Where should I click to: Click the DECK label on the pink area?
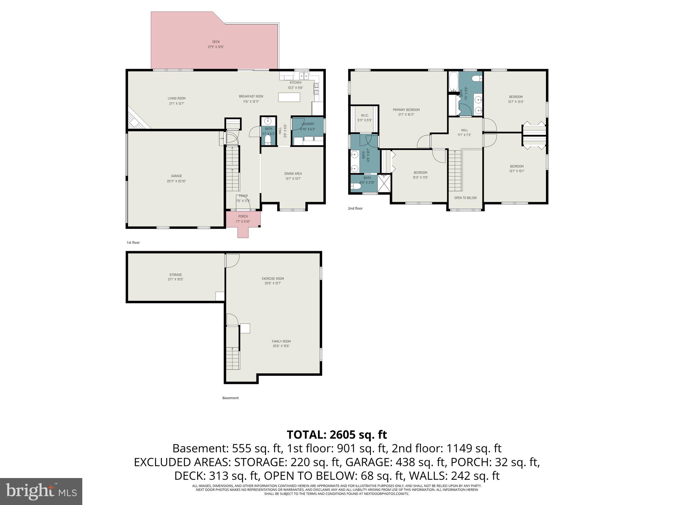[216, 42]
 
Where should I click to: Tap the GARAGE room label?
[176, 176]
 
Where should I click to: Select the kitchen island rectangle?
[289, 97]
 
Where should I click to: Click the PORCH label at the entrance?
[243, 216]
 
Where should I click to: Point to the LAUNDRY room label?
[308, 124]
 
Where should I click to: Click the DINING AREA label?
[293, 174]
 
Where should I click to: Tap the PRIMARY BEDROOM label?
[406, 110]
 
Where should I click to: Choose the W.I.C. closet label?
[364, 115]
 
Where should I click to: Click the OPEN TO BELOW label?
[465, 198]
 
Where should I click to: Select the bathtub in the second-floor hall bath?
[453, 82]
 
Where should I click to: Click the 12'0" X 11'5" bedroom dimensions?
[420, 178]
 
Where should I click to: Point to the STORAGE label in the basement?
[175, 275]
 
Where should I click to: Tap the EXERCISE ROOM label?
[273, 278]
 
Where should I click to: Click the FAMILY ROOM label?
[281, 341]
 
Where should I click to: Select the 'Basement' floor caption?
[230, 398]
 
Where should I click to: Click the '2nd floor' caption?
[355, 208]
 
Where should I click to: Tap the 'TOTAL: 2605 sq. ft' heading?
[337, 435]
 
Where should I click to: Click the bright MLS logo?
[41, 491]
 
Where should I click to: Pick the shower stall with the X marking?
[384, 183]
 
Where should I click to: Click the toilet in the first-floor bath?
[268, 140]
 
